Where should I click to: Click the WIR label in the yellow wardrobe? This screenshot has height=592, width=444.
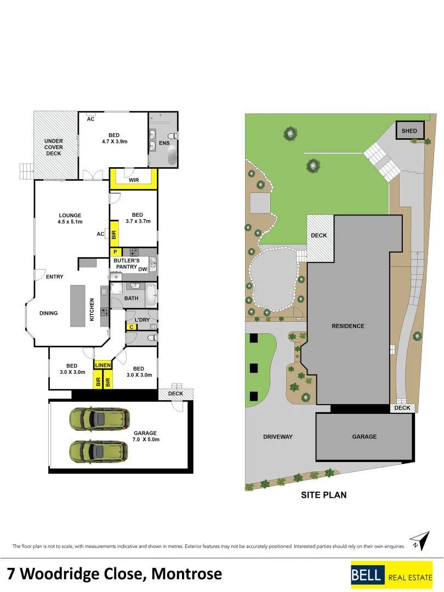(x=133, y=180)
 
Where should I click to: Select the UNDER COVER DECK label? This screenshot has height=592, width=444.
(x=54, y=147)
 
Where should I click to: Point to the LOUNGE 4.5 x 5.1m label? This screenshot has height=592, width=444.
(x=70, y=219)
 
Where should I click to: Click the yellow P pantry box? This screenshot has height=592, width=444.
(x=116, y=252)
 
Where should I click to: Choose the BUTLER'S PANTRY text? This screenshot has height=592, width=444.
(x=127, y=264)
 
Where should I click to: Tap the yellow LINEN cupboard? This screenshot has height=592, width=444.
(x=103, y=365)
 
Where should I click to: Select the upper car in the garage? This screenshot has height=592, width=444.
(x=99, y=418)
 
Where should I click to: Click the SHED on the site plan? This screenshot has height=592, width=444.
(x=409, y=130)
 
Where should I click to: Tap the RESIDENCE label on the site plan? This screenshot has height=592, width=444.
(x=348, y=326)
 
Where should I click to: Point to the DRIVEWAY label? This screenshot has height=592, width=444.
(x=277, y=437)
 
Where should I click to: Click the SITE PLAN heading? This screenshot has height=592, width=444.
(x=323, y=495)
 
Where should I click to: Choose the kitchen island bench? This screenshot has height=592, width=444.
(x=78, y=305)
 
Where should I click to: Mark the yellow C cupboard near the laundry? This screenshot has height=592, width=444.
(x=131, y=327)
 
